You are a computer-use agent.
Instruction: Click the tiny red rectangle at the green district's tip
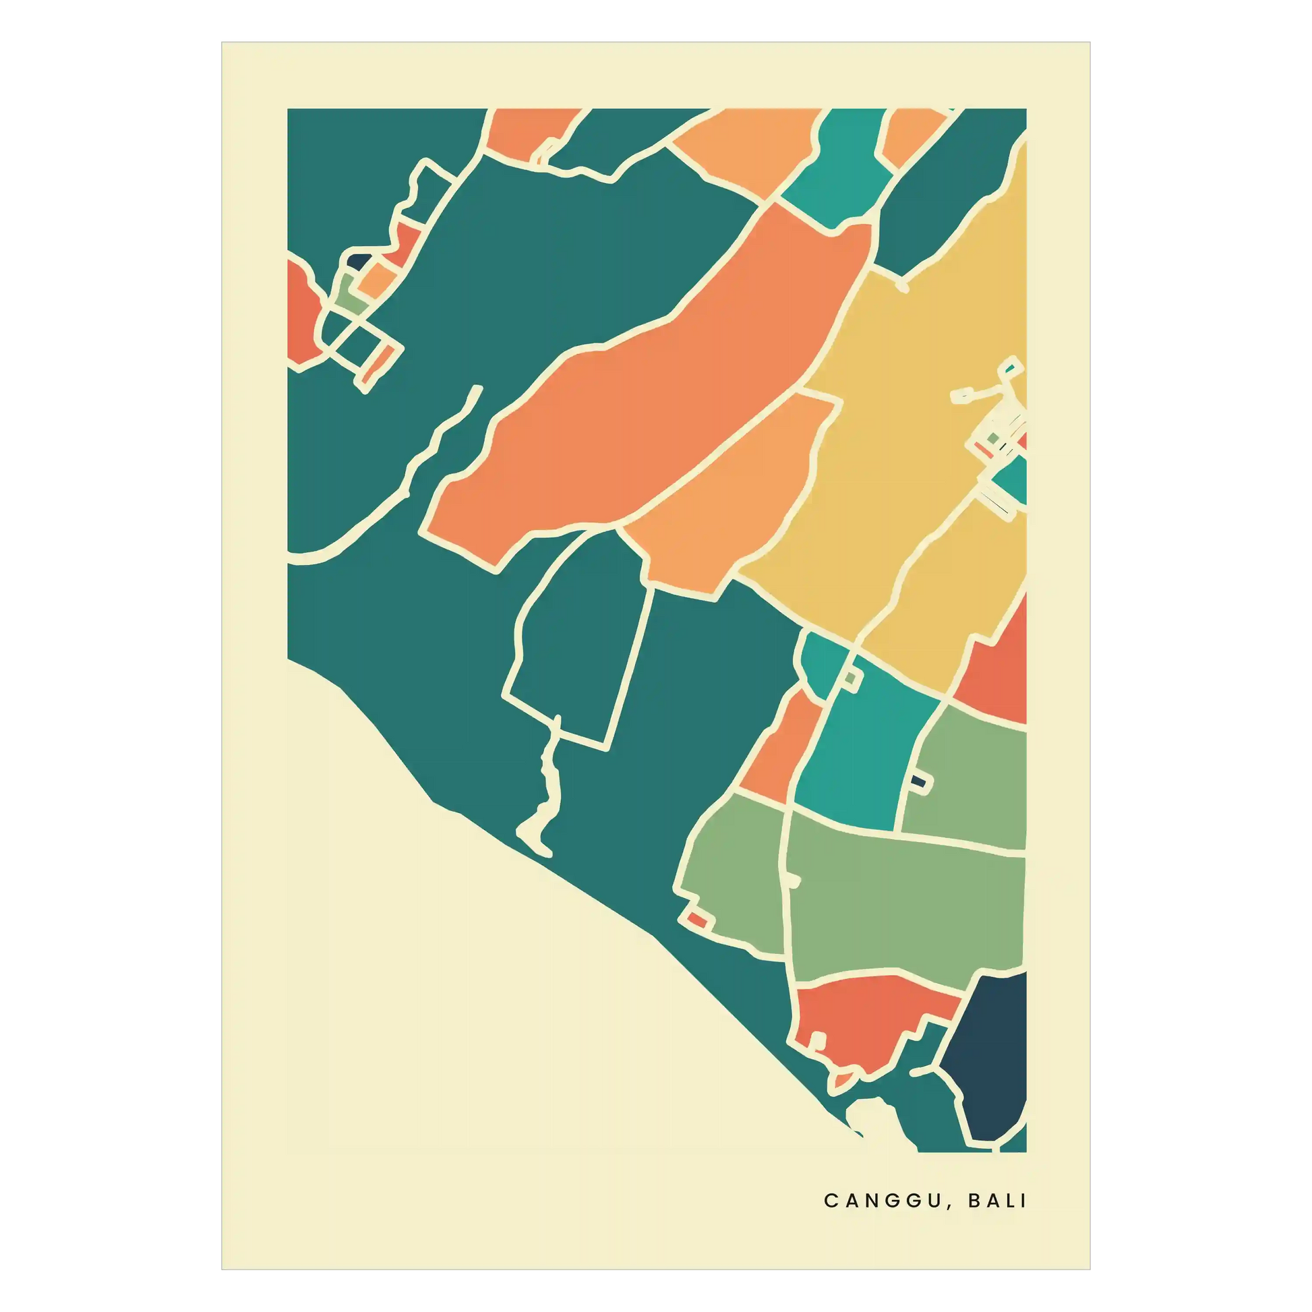696,920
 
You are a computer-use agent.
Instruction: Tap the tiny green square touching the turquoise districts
851,678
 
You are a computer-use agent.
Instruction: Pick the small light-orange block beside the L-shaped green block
377,278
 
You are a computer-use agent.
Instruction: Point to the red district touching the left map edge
302,312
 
